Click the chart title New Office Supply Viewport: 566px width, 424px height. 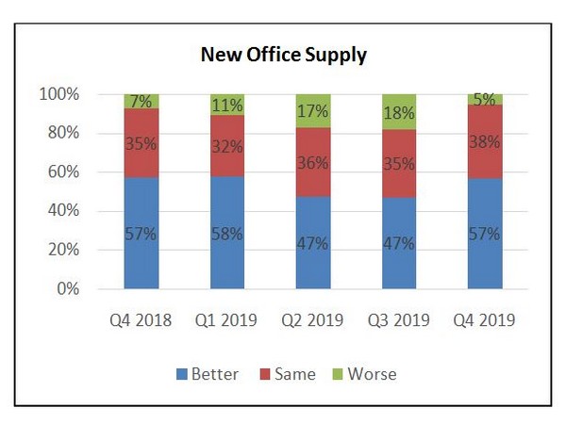(x=283, y=55)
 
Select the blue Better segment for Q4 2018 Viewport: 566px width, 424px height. (x=141, y=233)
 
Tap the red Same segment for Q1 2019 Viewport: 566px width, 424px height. (x=226, y=147)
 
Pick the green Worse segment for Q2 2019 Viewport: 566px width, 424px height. (x=313, y=110)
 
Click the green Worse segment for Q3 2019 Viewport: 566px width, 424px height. (x=399, y=111)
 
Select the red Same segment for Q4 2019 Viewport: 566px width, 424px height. (x=485, y=140)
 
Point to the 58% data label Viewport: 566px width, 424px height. (x=226, y=233)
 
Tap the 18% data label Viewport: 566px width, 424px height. (x=399, y=113)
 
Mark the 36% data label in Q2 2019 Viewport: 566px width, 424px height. (x=313, y=162)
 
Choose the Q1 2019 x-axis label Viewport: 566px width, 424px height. (x=226, y=319)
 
